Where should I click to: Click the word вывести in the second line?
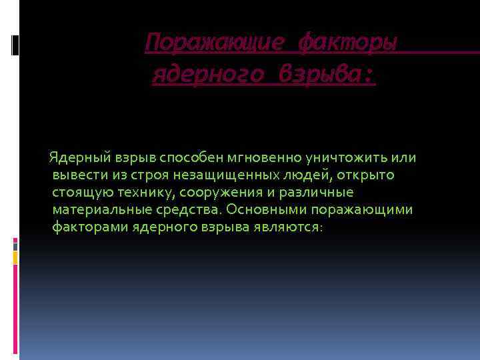(x=75, y=175)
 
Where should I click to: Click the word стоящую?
(x=77, y=193)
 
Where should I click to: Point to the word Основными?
(x=261, y=210)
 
